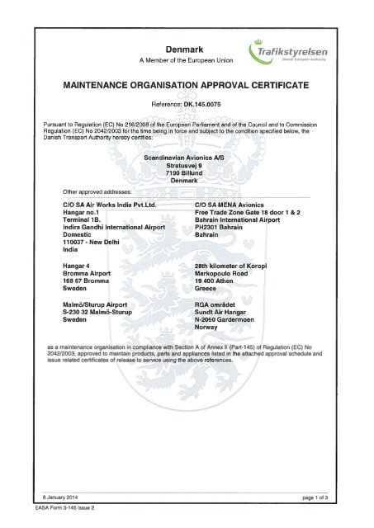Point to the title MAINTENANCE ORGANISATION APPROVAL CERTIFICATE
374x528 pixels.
[x=186, y=84]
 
